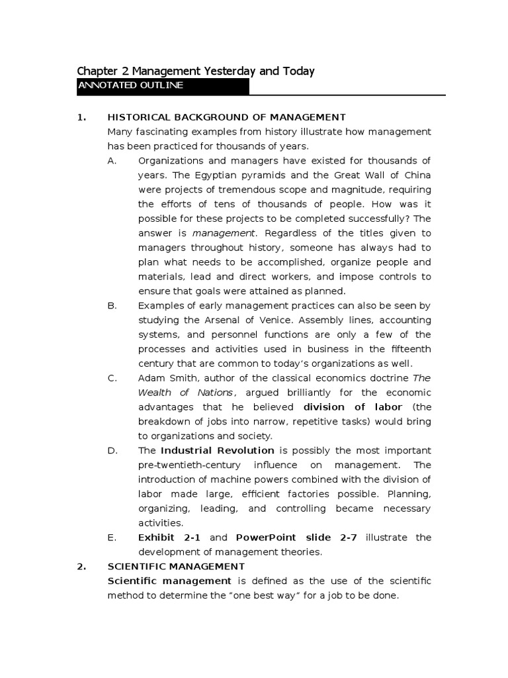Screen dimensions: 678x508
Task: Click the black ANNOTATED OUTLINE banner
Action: coord(163,86)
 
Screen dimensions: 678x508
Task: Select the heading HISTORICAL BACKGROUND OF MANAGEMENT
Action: coord(226,118)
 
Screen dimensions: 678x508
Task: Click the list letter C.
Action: coord(112,378)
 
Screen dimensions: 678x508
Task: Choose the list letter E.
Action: coord(112,537)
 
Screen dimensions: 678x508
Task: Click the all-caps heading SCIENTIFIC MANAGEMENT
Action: coord(175,566)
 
